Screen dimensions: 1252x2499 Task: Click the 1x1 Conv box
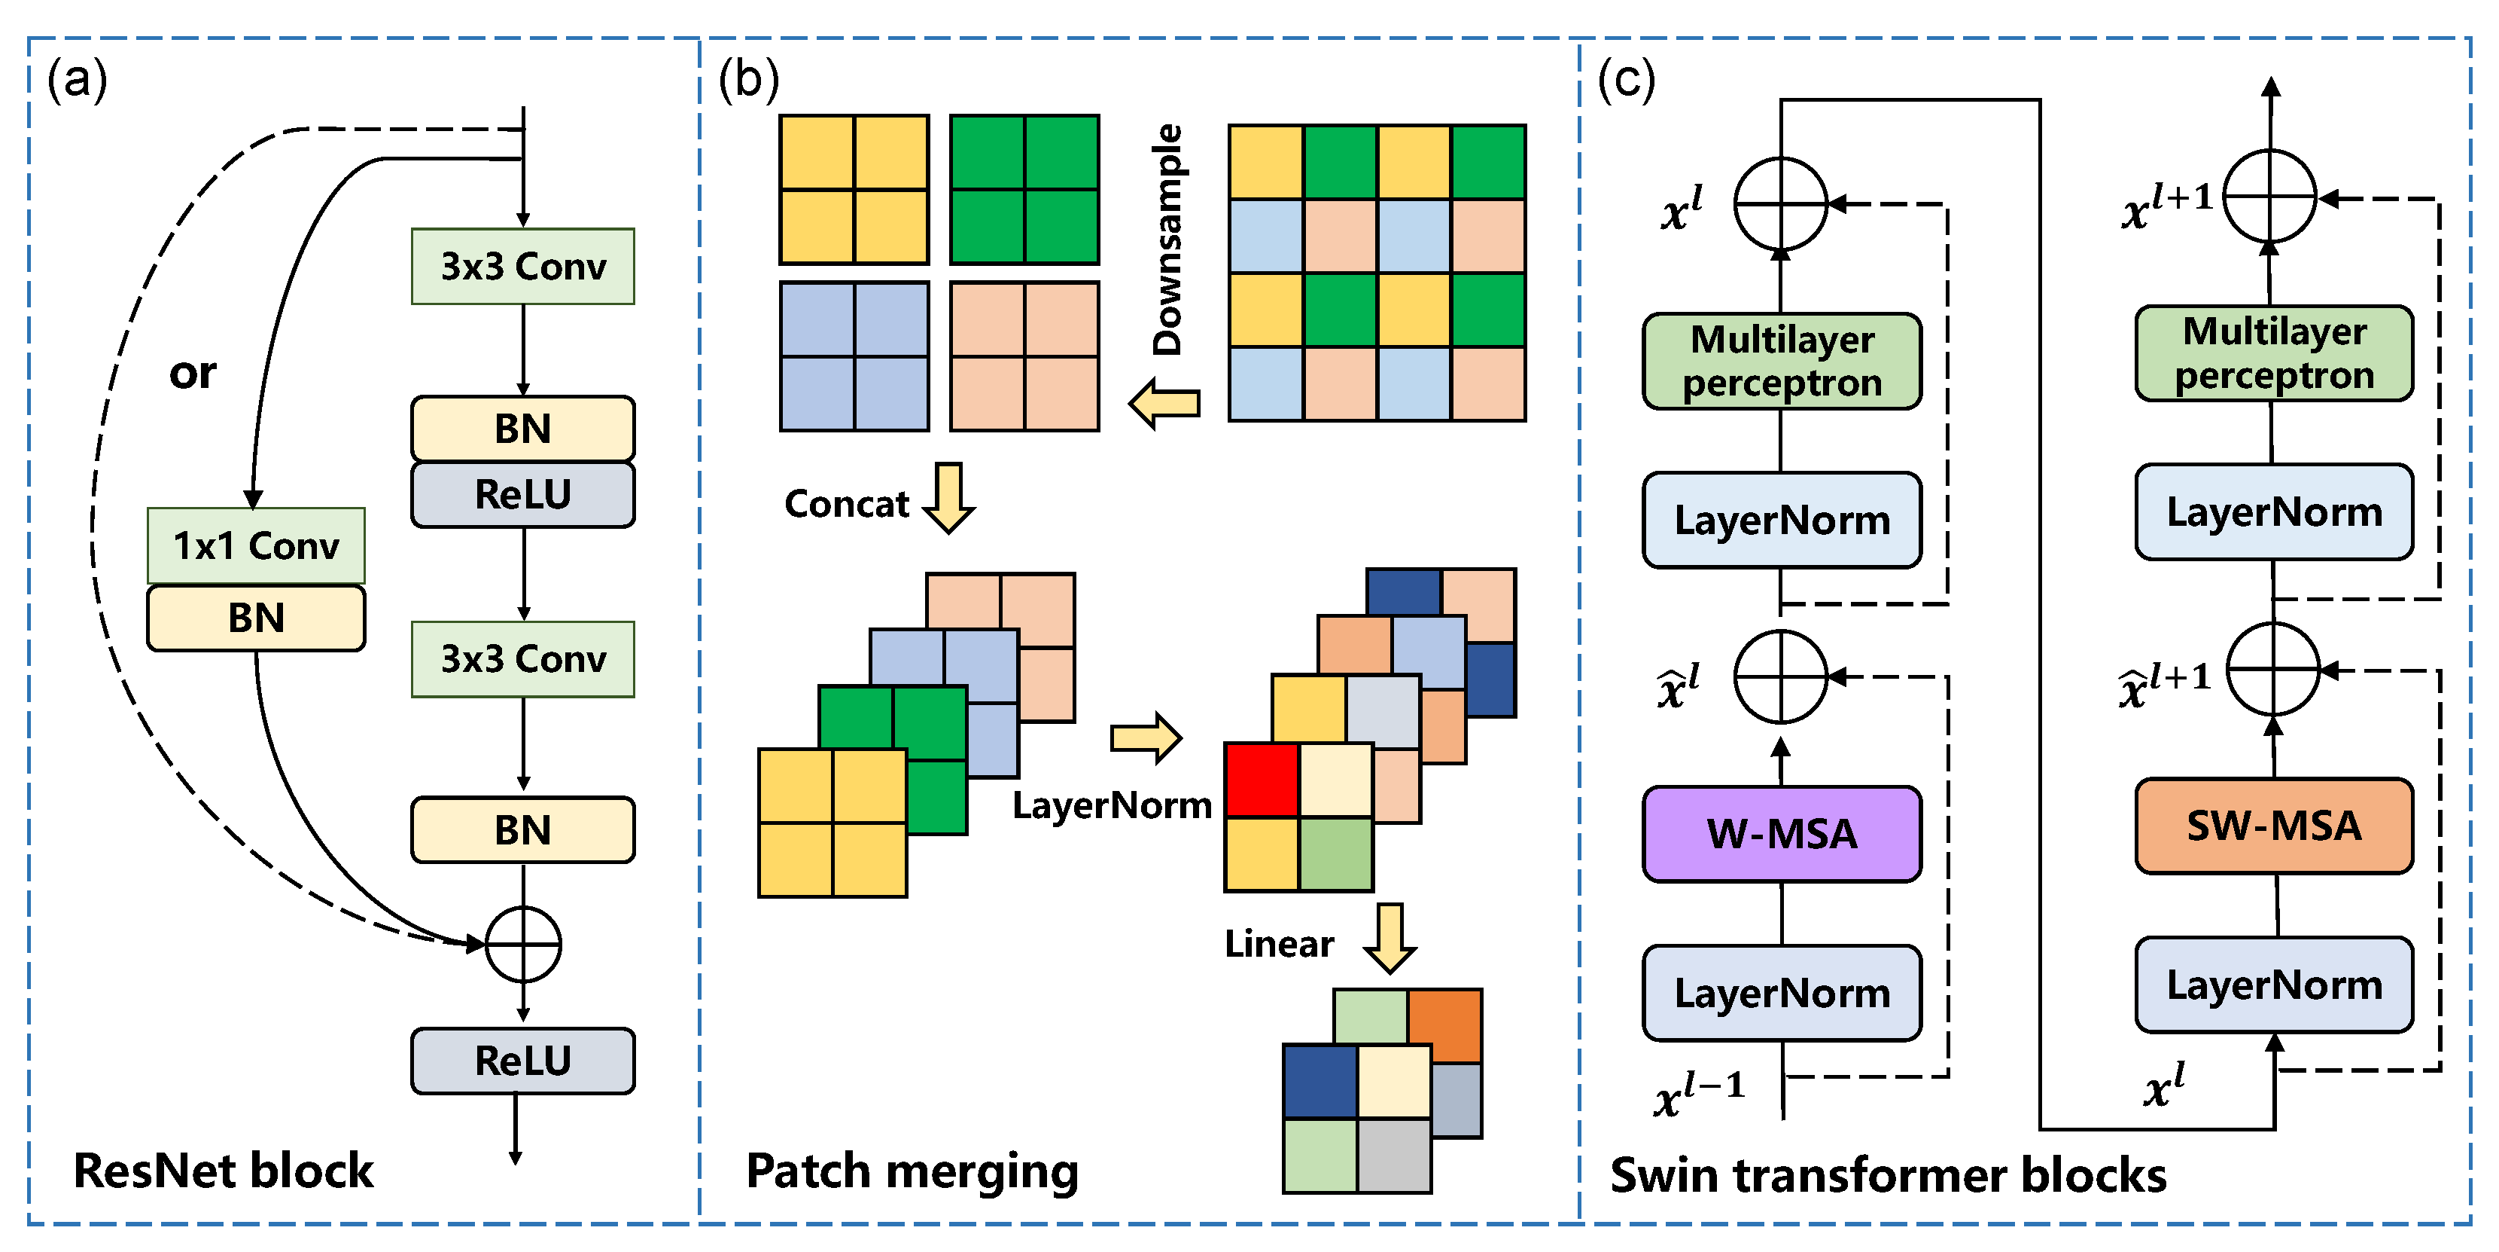[256, 545]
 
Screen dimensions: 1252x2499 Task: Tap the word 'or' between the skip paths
[192, 374]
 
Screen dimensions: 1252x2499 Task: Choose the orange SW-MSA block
[2273, 826]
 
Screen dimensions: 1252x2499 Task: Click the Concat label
[846, 504]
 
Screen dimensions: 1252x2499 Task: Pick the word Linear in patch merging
[1279, 943]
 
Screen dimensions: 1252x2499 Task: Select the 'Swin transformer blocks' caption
[1888, 1175]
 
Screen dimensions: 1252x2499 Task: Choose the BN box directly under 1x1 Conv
[256, 617]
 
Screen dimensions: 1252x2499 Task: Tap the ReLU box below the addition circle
[523, 1060]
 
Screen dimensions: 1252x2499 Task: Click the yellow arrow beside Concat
[948, 498]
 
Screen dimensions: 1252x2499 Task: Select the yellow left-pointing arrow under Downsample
[1165, 403]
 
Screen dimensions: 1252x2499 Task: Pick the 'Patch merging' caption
[912, 1171]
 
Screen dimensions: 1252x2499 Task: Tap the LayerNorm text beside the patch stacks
[1112, 805]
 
